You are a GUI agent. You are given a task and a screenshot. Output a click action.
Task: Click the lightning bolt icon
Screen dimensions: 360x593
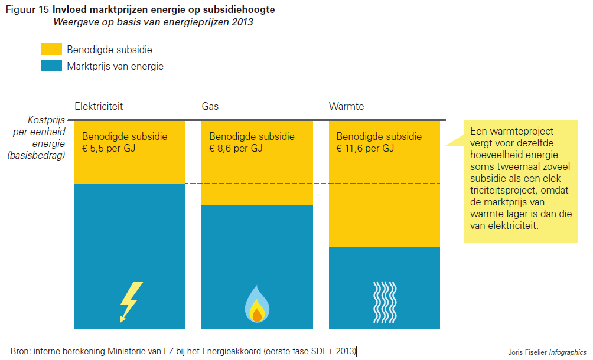pos(131,302)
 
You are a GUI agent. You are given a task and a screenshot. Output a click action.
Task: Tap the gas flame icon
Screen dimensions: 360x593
pos(257,304)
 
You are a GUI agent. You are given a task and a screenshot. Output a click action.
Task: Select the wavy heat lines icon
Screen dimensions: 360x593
pos(384,299)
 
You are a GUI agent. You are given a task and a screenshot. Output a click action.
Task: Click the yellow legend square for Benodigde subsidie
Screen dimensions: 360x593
pos(51,50)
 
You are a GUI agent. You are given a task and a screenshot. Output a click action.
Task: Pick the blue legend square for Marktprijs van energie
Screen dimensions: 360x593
pos(51,66)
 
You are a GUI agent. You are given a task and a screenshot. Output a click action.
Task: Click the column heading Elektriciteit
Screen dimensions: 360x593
pos(99,107)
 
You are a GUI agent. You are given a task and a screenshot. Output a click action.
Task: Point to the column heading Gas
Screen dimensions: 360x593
pos(210,107)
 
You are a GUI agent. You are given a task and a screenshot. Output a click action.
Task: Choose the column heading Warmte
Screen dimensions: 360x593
pos(346,107)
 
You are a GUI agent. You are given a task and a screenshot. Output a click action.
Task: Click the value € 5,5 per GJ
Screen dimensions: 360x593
pos(109,148)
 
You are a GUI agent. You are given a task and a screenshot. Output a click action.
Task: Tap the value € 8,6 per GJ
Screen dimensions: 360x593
pos(236,148)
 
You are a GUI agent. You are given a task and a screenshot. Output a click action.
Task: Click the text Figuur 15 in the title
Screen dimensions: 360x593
pos(27,10)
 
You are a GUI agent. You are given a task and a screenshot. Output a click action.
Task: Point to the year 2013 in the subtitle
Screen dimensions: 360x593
pos(242,22)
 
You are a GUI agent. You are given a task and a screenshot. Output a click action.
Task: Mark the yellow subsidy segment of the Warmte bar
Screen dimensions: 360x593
pos(384,201)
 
